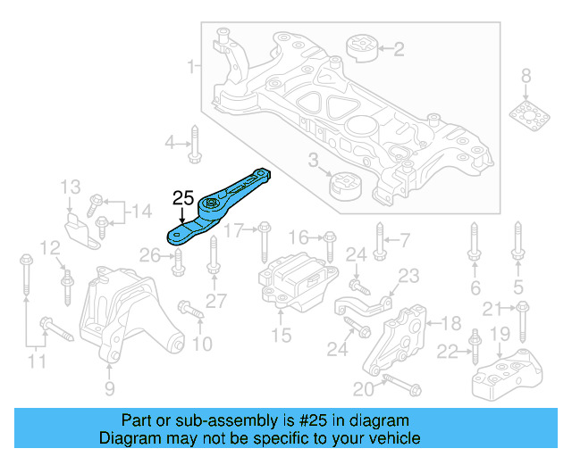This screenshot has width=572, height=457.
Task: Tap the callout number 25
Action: (x=183, y=197)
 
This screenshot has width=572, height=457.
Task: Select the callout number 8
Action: (x=526, y=75)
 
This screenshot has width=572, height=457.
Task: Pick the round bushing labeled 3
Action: (x=344, y=187)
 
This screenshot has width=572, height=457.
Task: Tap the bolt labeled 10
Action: (x=191, y=312)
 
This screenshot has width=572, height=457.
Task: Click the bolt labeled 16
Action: (x=329, y=245)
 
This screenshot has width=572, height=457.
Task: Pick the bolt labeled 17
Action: (x=264, y=240)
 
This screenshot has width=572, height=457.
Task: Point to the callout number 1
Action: (x=190, y=67)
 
